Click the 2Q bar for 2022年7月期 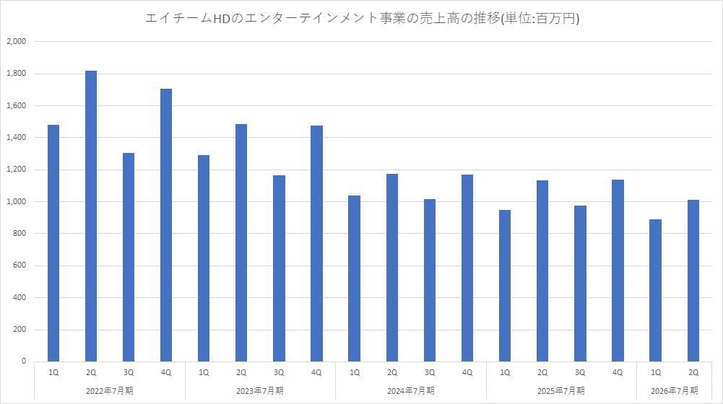(91, 216)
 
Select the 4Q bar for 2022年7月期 (166, 224)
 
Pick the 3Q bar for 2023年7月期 (279, 268)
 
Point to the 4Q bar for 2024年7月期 (467, 268)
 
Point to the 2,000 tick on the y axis (16, 42)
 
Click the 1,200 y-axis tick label (16, 170)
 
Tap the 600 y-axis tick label (19, 266)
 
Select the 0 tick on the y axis (24, 361)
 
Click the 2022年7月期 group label (110, 391)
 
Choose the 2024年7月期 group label (410, 391)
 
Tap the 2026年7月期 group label (674, 391)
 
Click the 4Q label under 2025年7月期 (618, 372)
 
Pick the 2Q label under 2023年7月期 (241, 372)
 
